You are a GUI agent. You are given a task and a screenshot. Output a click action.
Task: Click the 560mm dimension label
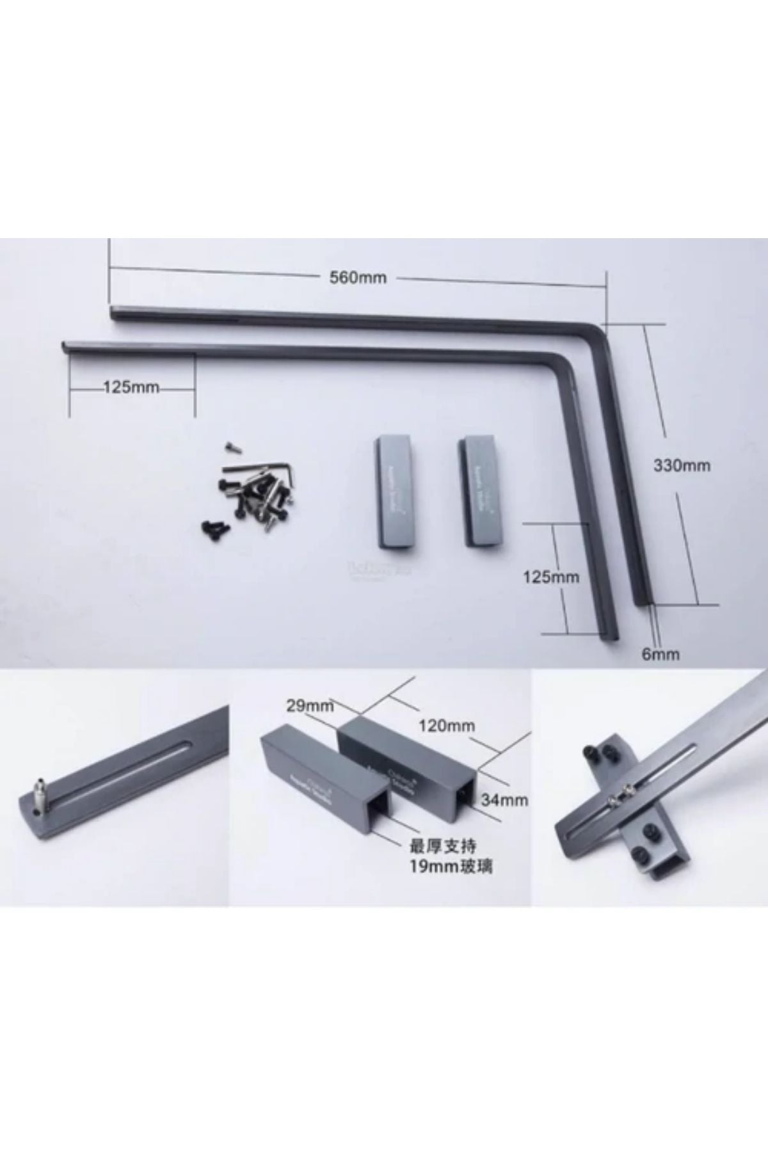(x=358, y=278)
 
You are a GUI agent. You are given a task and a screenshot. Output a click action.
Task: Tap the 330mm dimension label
(x=682, y=465)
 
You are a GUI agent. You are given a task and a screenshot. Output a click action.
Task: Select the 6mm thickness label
(x=660, y=653)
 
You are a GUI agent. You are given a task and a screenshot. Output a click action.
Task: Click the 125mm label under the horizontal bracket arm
(x=131, y=387)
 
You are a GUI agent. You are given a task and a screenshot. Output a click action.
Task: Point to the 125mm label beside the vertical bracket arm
(x=551, y=577)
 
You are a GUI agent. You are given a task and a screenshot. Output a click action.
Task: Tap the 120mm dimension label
(x=447, y=725)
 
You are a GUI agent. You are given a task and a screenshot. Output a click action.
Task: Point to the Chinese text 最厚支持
(x=443, y=846)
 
